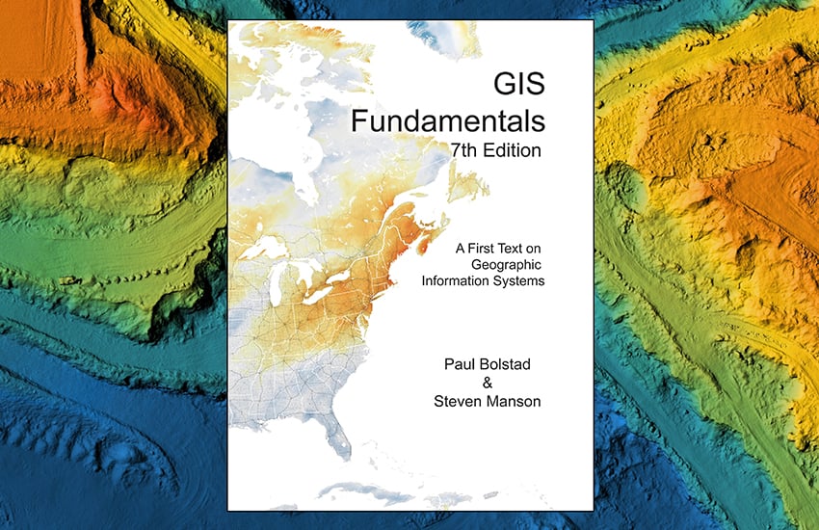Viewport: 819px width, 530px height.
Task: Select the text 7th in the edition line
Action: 465,150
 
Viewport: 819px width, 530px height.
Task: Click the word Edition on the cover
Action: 514,150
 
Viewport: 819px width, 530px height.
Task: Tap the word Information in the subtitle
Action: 458,281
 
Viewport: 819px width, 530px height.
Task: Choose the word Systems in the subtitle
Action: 520,281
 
